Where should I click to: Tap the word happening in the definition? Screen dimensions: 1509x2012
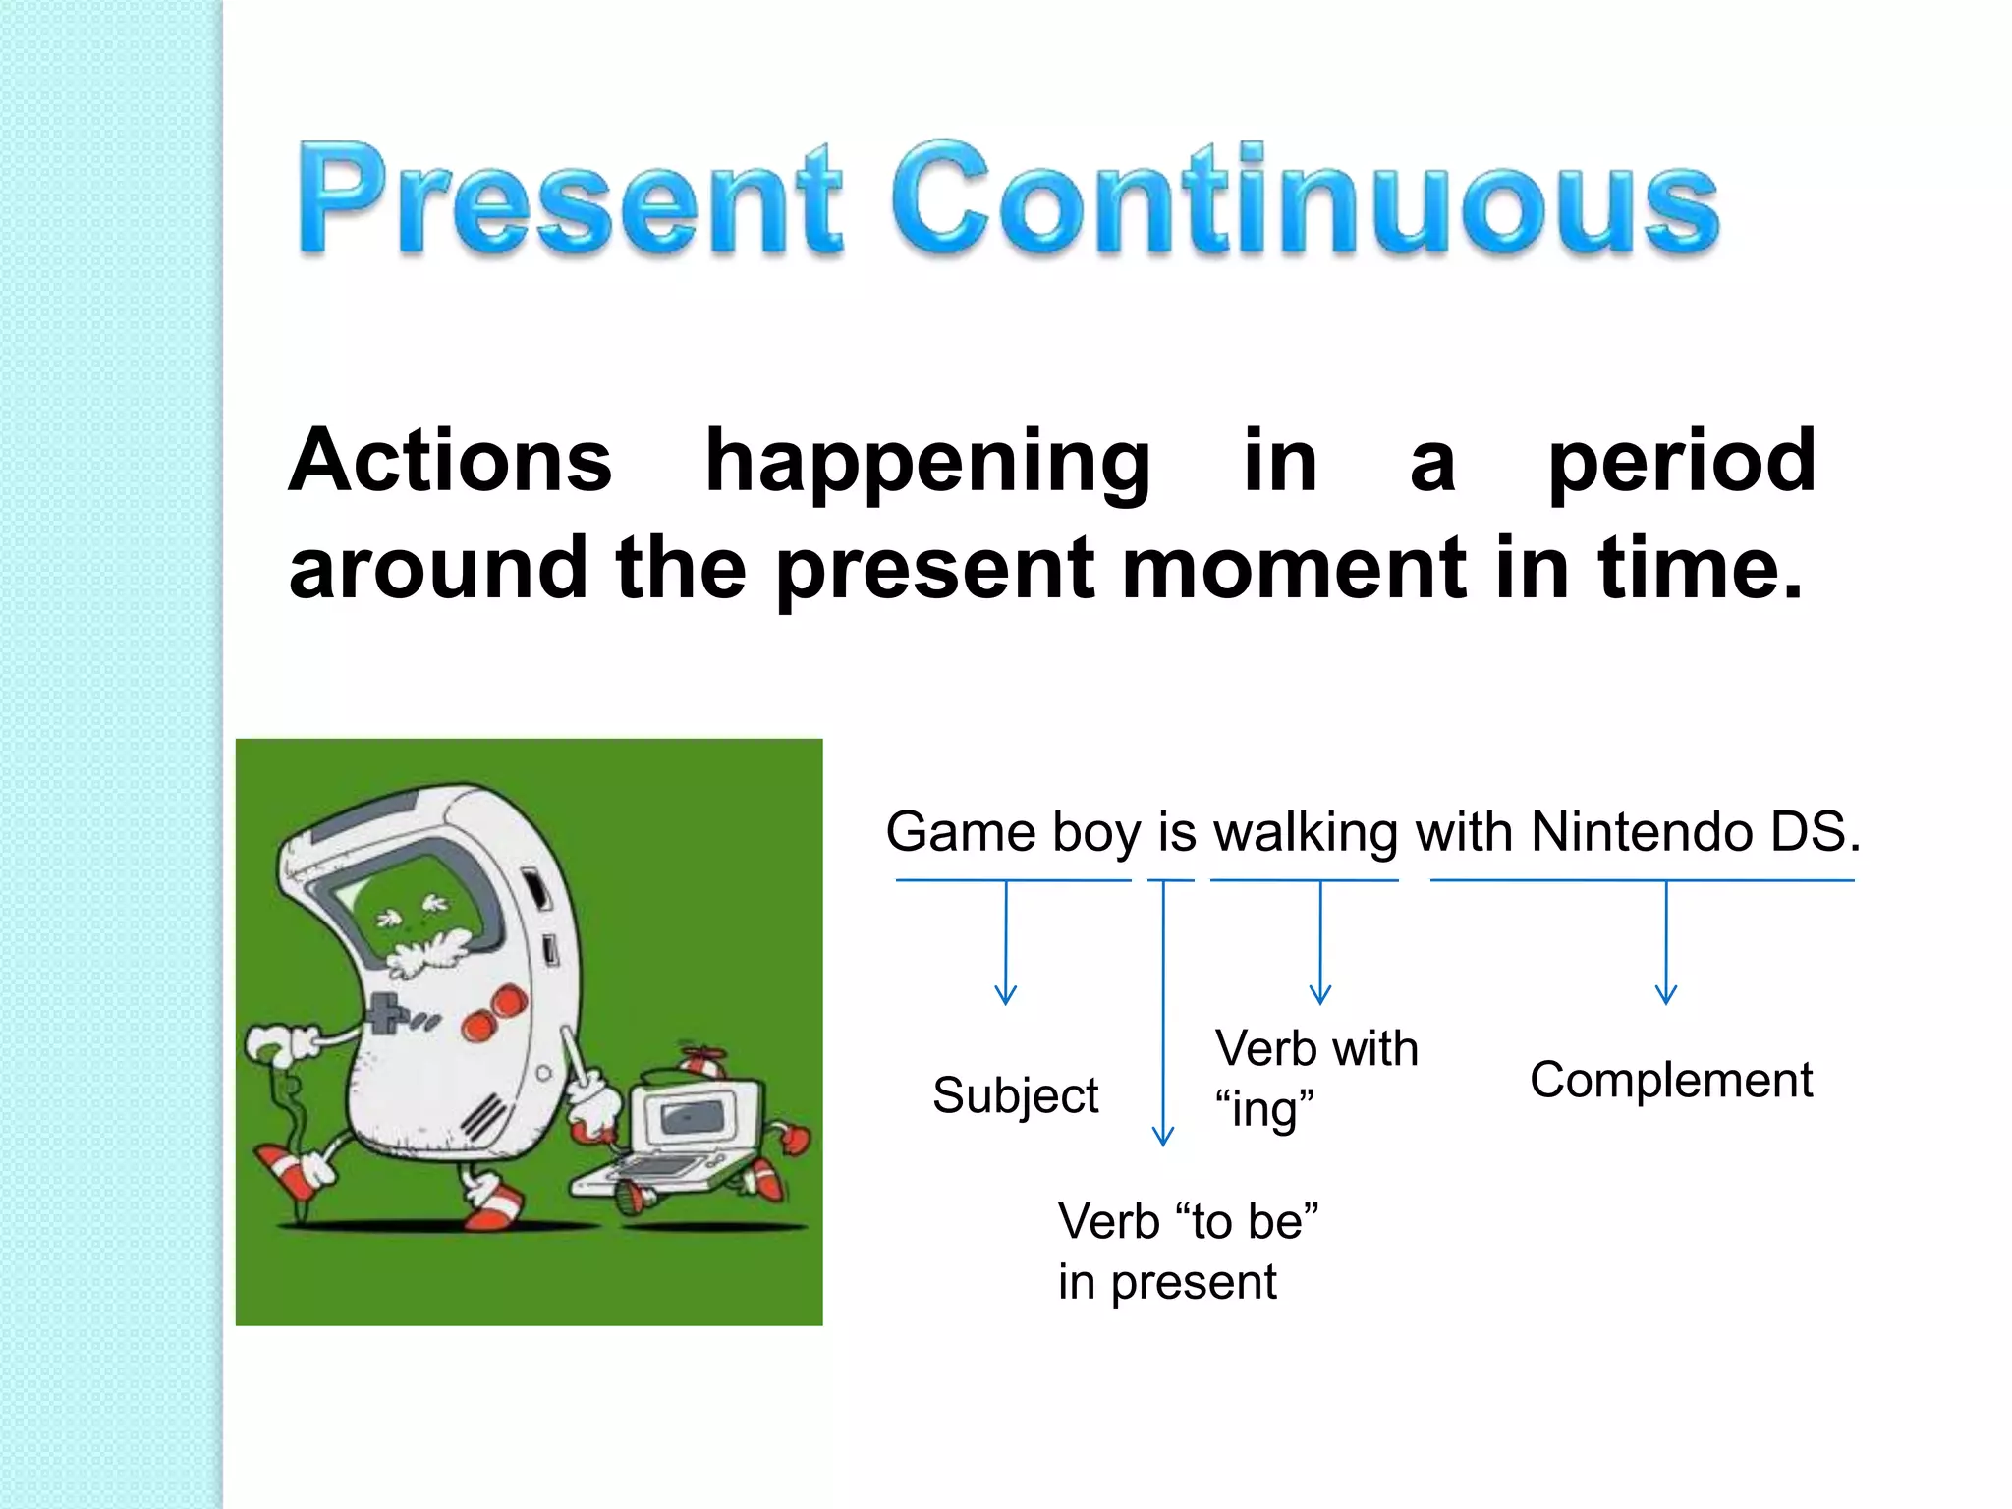927,462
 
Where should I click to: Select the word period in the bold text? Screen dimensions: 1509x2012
1681,462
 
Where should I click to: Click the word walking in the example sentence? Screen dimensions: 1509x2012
1305,833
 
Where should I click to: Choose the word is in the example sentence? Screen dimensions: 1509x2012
1176,833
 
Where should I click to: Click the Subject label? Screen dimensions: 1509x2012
1015,1094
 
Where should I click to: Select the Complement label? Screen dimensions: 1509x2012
1670,1080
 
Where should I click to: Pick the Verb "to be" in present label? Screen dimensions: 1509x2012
1187,1251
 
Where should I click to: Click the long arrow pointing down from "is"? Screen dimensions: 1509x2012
1163,1012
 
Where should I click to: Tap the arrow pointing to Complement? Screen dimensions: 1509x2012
1666,943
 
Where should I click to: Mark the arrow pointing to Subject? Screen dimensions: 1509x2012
1005,943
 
